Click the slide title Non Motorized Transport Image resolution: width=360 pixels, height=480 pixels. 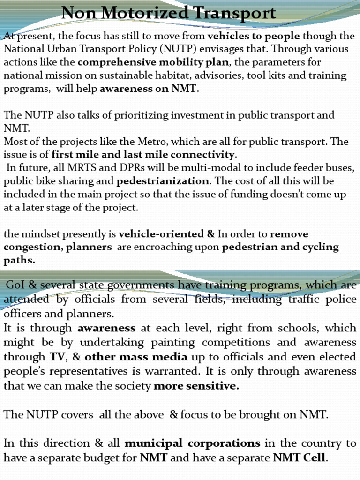[x=169, y=13]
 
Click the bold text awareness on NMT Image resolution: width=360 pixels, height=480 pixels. [x=148, y=89]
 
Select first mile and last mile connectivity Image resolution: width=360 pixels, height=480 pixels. [x=143, y=154]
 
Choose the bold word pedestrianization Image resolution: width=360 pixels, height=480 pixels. [x=163, y=181]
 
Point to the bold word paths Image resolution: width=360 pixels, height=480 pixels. [x=18, y=260]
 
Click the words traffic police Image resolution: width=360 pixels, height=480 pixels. [x=320, y=299]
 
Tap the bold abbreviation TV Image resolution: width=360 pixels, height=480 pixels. [x=58, y=357]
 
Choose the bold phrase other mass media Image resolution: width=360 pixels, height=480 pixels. [x=136, y=357]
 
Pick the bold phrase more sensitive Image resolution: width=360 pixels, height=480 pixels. [x=196, y=386]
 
